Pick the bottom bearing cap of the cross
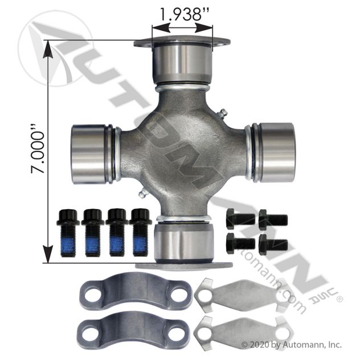coord(183,243)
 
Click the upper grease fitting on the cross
coord(223,114)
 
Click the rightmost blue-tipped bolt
coord(140,232)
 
